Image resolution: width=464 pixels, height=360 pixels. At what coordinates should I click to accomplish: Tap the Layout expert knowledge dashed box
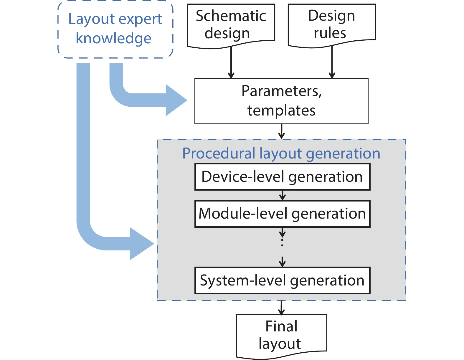(115, 29)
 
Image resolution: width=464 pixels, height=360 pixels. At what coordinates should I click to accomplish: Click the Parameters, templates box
(281, 101)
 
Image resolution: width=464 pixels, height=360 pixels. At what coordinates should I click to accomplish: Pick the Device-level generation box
(282, 177)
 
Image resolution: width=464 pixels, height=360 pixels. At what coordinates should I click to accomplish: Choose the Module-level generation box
(282, 214)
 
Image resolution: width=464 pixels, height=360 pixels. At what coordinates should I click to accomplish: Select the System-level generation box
(282, 280)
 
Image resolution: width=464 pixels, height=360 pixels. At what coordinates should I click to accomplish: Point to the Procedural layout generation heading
(281, 153)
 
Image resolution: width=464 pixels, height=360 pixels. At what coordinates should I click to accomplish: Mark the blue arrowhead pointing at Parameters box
(176, 100)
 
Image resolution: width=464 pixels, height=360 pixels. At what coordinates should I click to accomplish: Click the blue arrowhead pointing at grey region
(142, 244)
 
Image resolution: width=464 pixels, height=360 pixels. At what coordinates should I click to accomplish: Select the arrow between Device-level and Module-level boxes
(283, 195)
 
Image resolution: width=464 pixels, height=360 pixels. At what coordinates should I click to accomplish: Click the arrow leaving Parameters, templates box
(282, 132)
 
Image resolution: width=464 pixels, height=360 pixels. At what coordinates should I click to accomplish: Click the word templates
(281, 111)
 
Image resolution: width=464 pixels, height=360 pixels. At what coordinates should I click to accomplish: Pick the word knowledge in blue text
(113, 39)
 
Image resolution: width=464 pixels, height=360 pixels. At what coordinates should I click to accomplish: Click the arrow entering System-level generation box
(283, 262)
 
